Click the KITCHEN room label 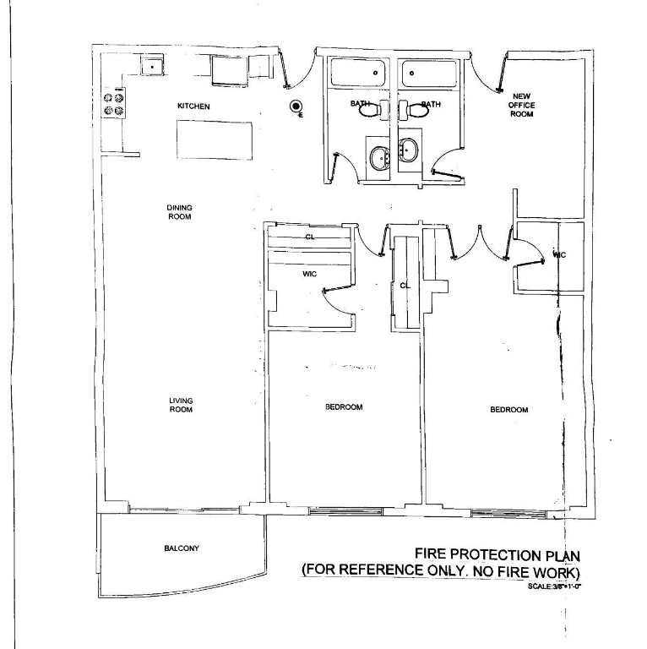[193, 106]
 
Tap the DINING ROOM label [179, 211]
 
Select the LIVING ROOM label [180, 406]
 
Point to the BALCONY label [182, 548]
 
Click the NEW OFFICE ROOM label [522, 105]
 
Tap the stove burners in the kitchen [113, 103]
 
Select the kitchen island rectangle [215, 139]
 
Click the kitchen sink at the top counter [152, 65]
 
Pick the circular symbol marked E [296, 106]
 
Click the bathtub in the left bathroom [357, 73]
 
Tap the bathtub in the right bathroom [428, 73]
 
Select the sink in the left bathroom [379, 156]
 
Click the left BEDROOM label [344, 407]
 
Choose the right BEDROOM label [508, 410]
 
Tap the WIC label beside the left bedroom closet [309, 274]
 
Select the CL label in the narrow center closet [405, 286]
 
